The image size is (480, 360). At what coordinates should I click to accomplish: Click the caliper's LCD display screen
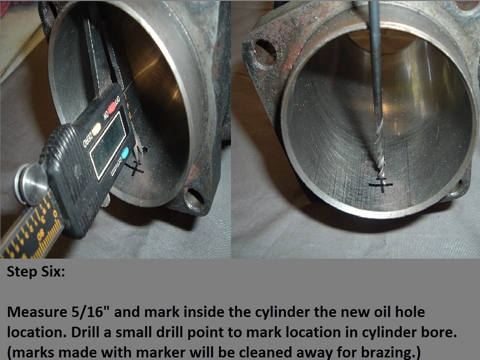107,137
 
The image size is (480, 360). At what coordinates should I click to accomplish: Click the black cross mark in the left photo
135,169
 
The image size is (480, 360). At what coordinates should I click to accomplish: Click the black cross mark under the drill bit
381,185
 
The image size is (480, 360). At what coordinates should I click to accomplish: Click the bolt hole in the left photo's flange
193,198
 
